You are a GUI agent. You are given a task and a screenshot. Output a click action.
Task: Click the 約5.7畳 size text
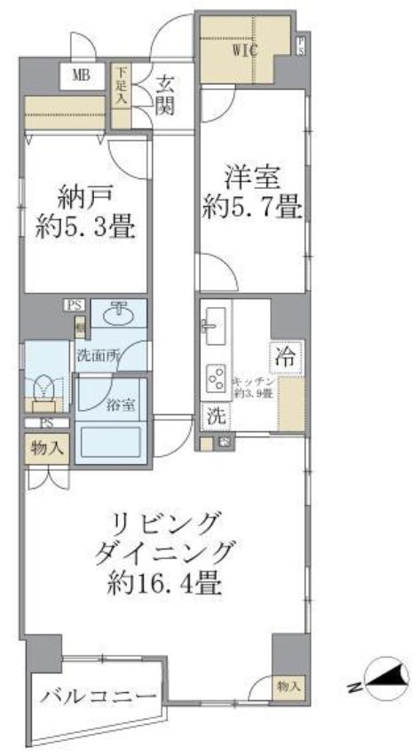click(x=252, y=209)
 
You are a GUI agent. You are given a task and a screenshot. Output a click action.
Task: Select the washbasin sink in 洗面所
click(x=119, y=315)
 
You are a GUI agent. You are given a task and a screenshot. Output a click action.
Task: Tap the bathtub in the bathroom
click(x=110, y=441)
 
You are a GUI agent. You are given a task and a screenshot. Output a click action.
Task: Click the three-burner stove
click(x=215, y=378)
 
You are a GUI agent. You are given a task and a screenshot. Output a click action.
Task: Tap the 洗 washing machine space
click(x=215, y=414)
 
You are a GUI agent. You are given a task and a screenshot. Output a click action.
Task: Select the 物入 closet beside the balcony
click(x=287, y=685)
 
